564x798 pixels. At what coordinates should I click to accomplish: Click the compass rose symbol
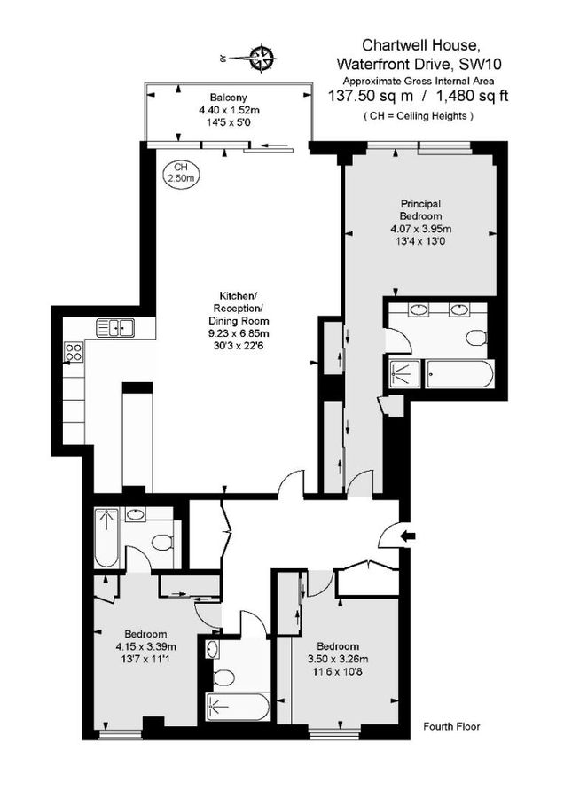262,59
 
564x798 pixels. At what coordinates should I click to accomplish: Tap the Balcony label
228,98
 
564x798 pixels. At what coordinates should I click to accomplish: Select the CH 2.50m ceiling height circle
181,173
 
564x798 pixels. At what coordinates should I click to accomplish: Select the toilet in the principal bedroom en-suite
476,338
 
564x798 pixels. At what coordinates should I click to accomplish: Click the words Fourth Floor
451,726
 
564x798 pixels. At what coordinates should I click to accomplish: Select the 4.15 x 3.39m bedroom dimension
145,645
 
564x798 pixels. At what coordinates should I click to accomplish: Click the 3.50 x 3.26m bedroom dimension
338,659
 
